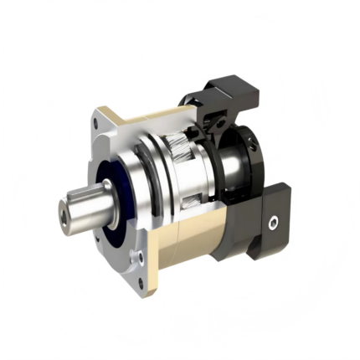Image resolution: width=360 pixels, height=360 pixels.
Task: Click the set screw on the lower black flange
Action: (273, 224)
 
